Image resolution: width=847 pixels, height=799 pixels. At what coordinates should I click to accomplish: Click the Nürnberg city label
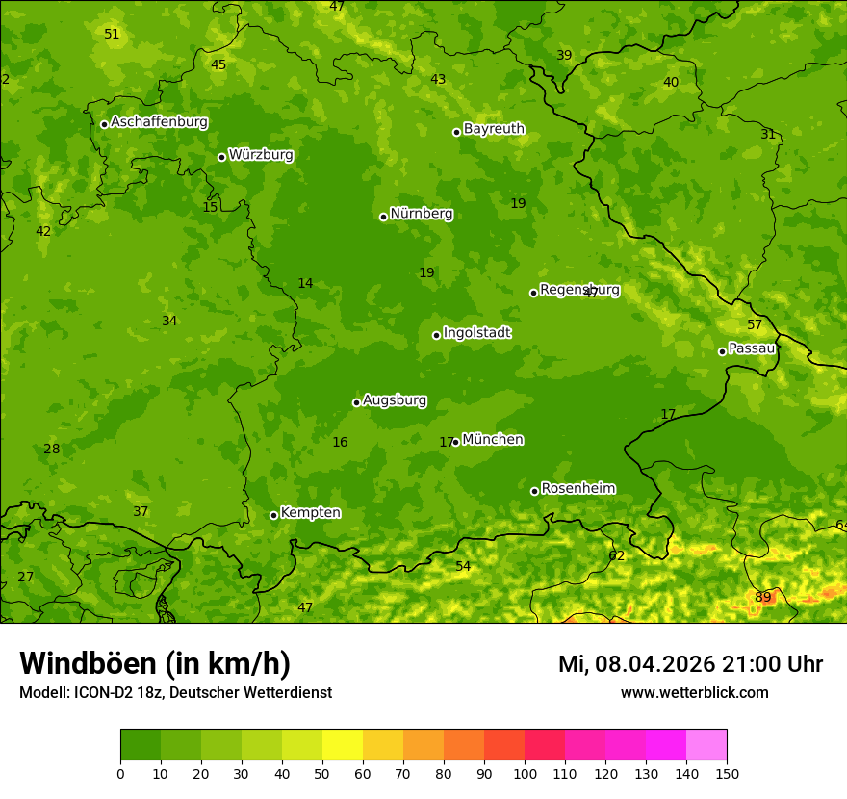[x=421, y=214]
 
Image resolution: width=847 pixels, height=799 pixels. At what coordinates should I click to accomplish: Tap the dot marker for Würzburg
[x=221, y=157]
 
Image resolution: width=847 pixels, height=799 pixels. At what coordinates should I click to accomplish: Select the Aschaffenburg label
[x=159, y=122]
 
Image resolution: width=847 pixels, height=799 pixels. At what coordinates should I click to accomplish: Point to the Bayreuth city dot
[x=456, y=132]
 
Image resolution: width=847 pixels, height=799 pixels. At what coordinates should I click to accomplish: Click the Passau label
[x=752, y=348]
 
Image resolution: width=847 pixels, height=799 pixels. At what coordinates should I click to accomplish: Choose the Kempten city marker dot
[x=273, y=515]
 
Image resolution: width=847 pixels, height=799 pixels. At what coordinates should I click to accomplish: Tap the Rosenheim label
[x=577, y=488]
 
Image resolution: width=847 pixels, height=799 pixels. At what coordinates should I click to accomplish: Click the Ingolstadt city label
[x=476, y=333]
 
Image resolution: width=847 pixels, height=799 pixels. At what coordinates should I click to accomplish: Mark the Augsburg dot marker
[x=356, y=402]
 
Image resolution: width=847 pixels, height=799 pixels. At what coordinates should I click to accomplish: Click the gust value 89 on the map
[x=763, y=597]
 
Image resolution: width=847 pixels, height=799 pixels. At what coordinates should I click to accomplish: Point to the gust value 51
[x=112, y=34]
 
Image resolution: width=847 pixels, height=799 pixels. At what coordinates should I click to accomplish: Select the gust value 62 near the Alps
[x=617, y=555]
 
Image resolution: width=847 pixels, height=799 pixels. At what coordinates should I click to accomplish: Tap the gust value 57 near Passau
[x=755, y=324]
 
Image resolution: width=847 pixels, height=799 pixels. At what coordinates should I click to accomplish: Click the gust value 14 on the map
[x=305, y=283]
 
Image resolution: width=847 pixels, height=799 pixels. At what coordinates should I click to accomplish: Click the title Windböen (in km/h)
[x=155, y=663]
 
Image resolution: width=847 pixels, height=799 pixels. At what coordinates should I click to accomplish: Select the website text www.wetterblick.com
[x=694, y=692]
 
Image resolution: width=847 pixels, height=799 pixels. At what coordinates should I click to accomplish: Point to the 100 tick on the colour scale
[x=525, y=773]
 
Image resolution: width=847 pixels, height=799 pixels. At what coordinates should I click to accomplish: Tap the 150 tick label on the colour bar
[x=726, y=773]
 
